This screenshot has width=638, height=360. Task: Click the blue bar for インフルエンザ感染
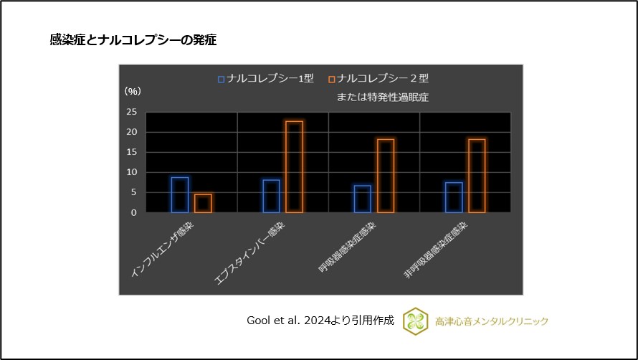180,194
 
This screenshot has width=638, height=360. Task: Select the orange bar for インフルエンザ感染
203,203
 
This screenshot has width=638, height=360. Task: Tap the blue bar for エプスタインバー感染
271,196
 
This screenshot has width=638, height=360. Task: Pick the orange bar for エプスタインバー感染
294,166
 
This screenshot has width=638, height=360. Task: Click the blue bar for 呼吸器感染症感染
362,199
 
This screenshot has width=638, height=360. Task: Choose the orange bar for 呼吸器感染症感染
386,176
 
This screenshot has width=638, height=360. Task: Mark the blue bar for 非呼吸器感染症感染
453,197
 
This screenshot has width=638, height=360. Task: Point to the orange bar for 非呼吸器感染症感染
477,176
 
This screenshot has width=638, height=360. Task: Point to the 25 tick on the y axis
131,112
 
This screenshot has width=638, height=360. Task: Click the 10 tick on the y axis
131,172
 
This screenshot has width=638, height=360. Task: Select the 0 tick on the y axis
134,212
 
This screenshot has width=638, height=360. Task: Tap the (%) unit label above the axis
133,91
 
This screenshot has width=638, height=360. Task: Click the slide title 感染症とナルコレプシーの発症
133,40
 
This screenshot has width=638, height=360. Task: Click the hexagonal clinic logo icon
415,321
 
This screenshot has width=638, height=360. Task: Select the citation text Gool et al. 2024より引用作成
320,321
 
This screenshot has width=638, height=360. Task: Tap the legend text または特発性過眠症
382,96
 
